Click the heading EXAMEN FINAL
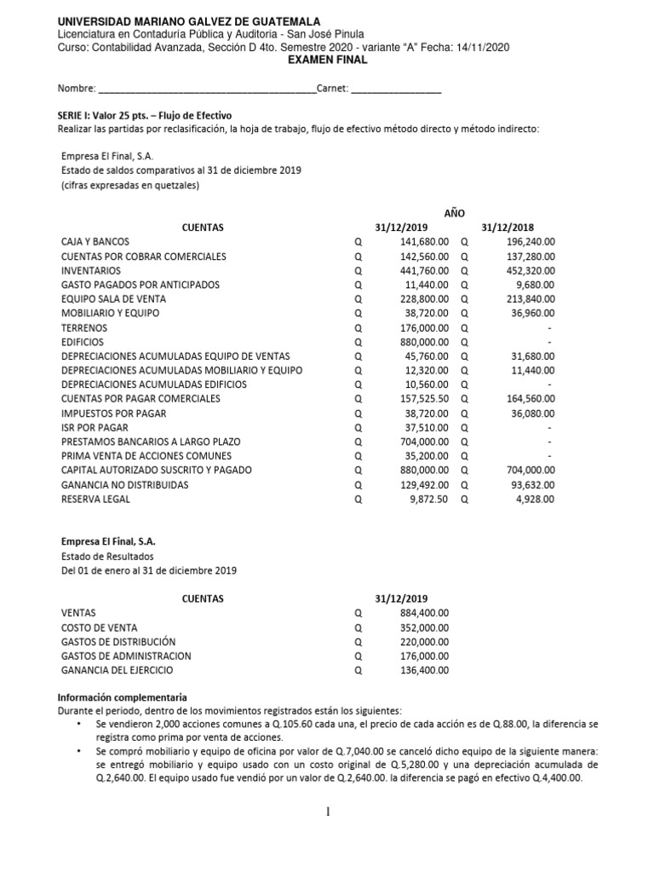pyautogui.click(x=328, y=61)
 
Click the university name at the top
pyautogui.click(x=183, y=20)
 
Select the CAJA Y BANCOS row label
pyautogui.click(x=95, y=242)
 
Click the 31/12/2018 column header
pyautogui.click(x=508, y=228)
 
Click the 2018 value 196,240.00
pyautogui.click(x=531, y=242)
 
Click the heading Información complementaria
pyautogui.click(x=122, y=697)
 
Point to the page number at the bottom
pyautogui.click(x=327, y=811)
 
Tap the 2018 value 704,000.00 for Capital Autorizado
pyautogui.click(x=531, y=470)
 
